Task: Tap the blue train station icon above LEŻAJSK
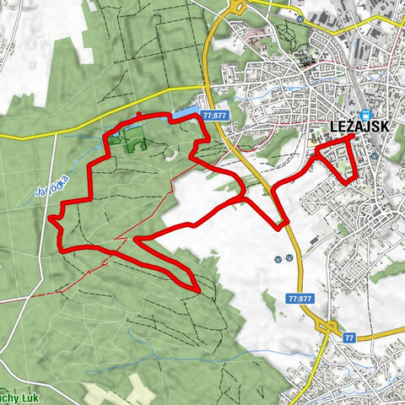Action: coord(364,116)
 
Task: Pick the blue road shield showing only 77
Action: coord(349,337)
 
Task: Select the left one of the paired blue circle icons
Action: coord(278,259)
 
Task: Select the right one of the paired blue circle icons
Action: coord(289,259)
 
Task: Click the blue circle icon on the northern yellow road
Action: coord(300,19)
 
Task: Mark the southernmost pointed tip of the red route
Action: coord(197,291)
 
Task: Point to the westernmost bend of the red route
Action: coord(51,218)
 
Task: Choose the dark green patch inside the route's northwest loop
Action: coord(132,145)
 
